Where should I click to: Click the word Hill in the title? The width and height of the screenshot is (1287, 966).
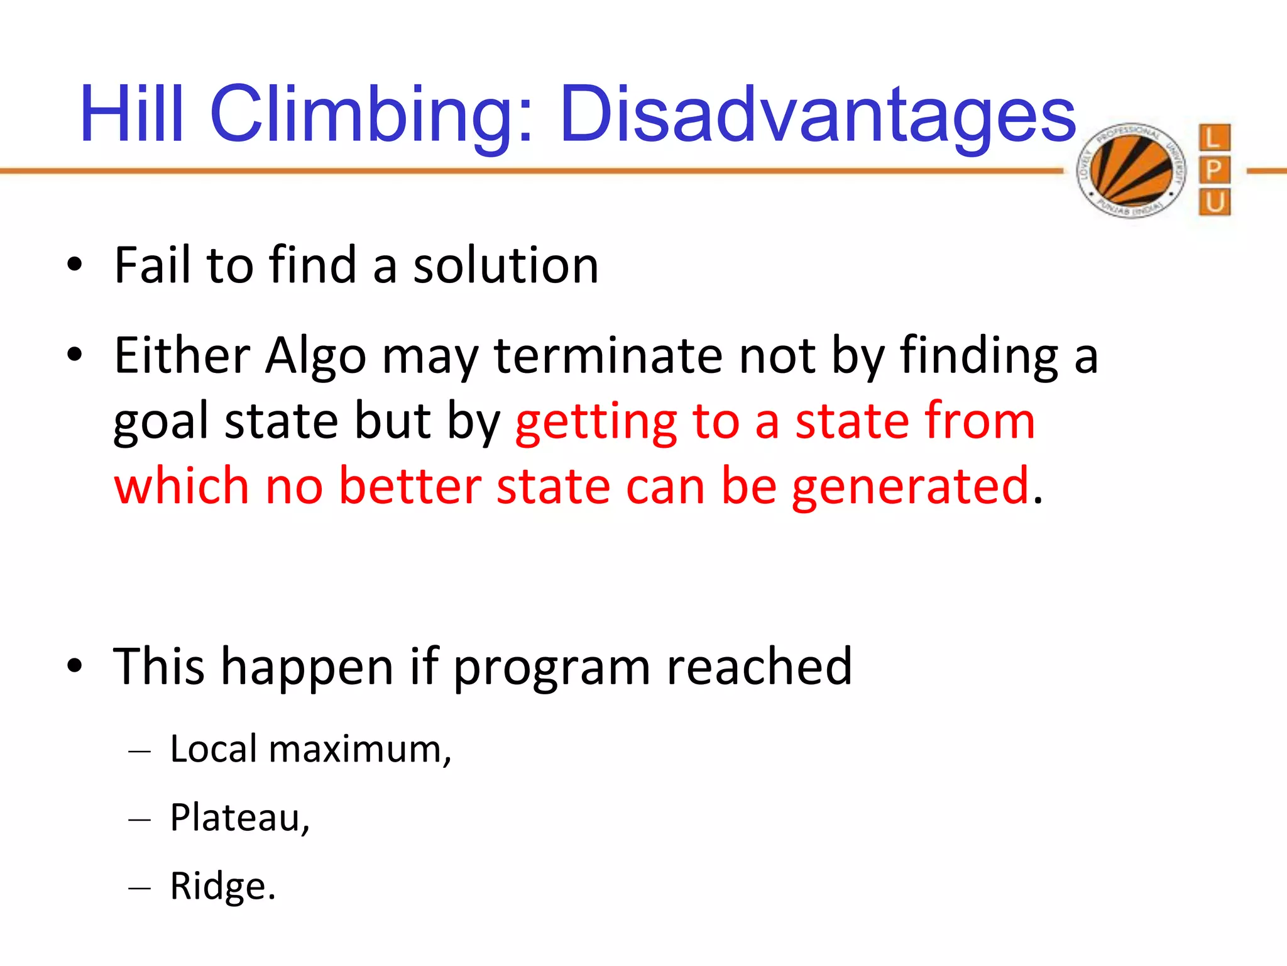click(132, 114)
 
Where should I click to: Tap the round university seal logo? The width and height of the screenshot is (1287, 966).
click(1131, 170)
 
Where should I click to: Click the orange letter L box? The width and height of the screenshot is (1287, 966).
click(1213, 138)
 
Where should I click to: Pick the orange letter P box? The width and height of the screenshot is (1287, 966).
click(1213, 170)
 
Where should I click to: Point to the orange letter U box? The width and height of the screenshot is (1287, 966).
click(1213, 203)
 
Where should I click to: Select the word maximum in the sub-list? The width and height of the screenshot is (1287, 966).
click(359, 750)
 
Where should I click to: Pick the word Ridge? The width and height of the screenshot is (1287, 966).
click(221, 887)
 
